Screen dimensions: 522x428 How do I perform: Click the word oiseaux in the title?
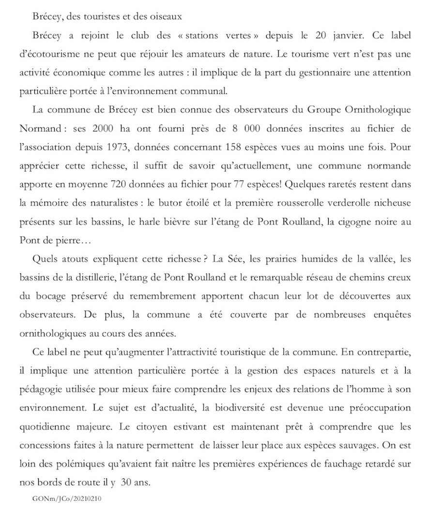(x=166, y=16)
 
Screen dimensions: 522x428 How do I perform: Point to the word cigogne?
(x=356, y=223)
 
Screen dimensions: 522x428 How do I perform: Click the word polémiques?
(x=72, y=464)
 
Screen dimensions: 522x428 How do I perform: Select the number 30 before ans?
(x=139, y=483)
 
